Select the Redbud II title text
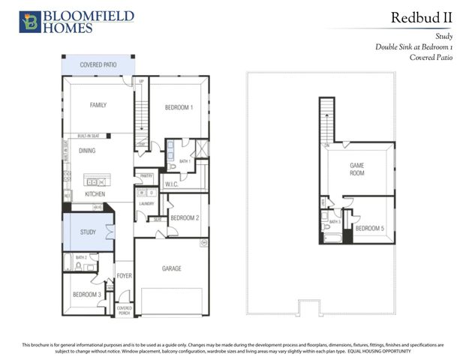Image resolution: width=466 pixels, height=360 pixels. (x=422, y=17)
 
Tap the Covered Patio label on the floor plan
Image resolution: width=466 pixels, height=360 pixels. (x=99, y=65)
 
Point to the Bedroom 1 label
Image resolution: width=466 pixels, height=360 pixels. (x=179, y=107)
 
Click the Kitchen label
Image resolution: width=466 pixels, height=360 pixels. (x=95, y=194)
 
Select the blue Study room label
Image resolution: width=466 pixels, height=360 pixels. (x=88, y=232)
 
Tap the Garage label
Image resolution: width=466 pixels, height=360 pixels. (x=172, y=268)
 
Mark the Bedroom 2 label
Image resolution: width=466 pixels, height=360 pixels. (x=184, y=218)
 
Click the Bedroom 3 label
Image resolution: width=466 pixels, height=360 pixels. (x=87, y=295)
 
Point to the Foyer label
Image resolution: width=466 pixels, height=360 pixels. (x=125, y=276)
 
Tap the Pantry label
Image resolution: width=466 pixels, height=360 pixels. (x=145, y=176)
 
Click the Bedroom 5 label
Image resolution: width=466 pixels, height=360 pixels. (x=369, y=228)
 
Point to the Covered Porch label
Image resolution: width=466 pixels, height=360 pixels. (x=125, y=309)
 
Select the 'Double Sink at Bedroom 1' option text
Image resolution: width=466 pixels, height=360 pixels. (x=414, y=46)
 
